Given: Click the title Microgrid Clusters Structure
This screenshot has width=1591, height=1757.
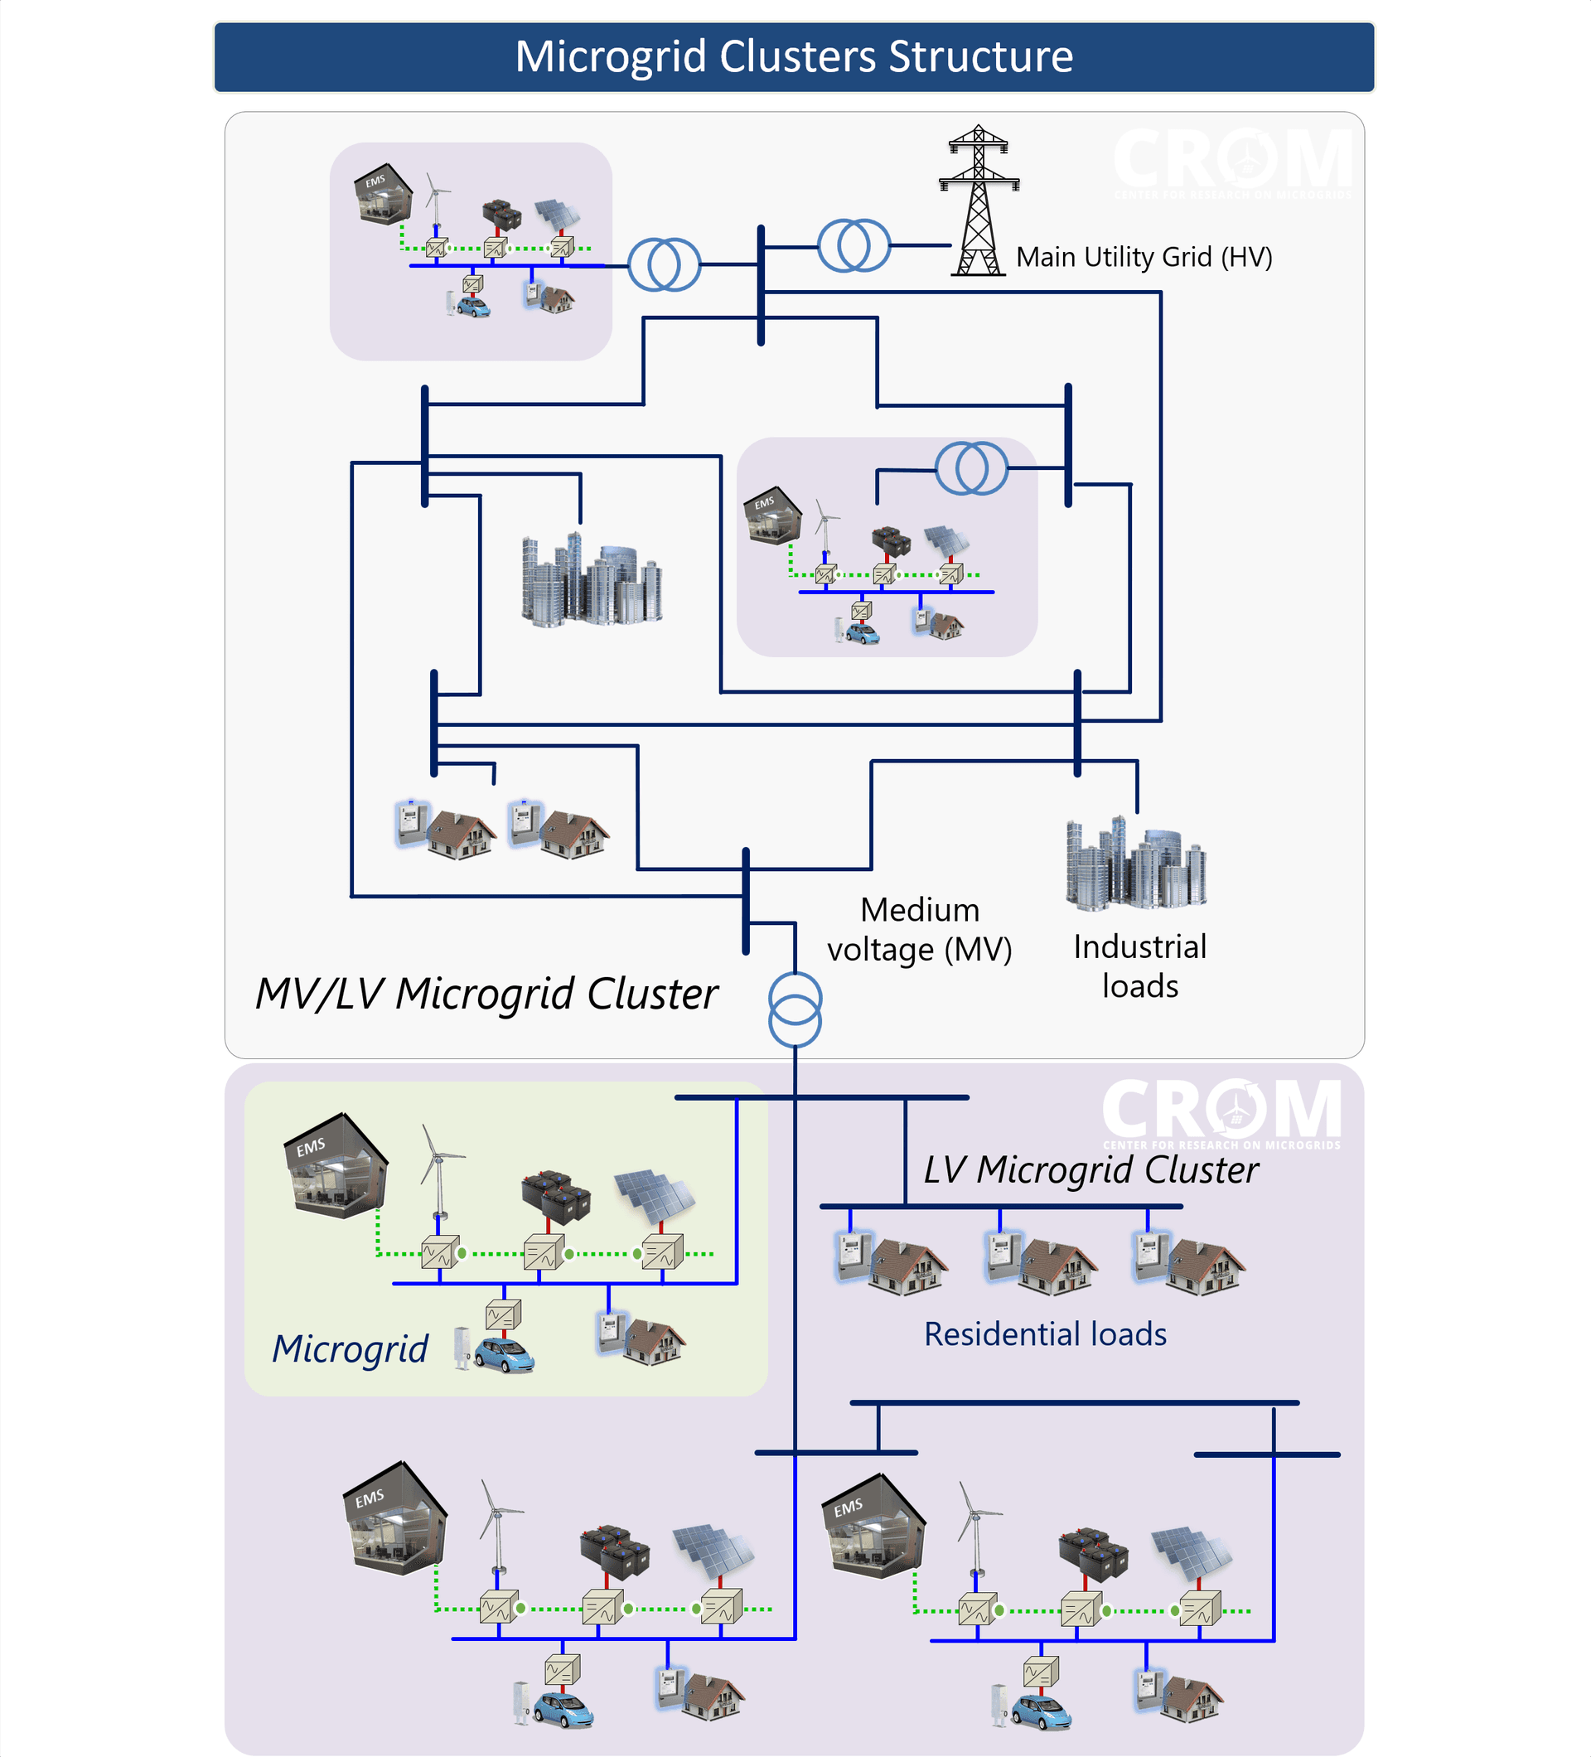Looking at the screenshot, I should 794,56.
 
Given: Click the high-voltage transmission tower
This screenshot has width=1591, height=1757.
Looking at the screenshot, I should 979,201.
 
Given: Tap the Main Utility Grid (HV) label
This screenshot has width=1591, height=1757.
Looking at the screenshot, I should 1144,257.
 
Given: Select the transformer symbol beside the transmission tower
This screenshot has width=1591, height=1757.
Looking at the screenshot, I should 853,246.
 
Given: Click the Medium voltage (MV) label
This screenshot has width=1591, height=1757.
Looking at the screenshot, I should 919,929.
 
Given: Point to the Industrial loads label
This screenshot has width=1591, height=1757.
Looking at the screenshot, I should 1139,966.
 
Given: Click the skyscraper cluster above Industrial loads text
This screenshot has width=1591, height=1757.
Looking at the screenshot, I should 1134,864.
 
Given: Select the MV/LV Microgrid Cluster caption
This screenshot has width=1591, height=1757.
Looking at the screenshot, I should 486,994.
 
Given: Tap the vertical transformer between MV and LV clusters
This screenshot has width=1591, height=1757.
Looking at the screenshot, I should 795,1009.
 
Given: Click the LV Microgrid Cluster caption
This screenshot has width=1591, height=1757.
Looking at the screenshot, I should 1090,1169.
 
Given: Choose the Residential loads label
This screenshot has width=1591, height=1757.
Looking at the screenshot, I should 1045,1334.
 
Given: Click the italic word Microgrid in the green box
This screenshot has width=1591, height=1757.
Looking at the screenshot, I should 350,1348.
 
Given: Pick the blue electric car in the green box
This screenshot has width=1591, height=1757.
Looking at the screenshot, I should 504,1355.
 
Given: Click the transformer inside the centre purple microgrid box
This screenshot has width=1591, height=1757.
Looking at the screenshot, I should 971,468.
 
